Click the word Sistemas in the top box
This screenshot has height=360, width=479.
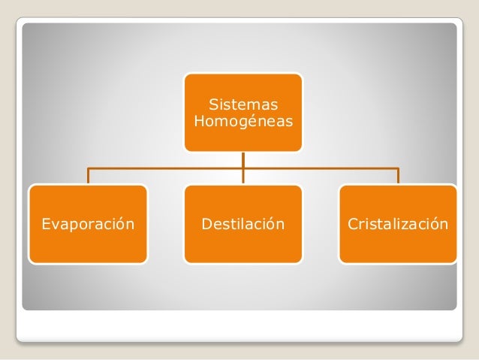tap(243, 103)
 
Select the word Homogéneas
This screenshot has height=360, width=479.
tap(243, 120)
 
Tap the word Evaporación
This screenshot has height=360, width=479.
tap(88, 224)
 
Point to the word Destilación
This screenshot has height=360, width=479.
tap(243, 224)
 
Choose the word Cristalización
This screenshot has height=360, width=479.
tap(398, 224)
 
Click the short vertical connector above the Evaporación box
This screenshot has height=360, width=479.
tap(88, 176)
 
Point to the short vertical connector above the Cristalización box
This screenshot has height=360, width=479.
tap(398, 176)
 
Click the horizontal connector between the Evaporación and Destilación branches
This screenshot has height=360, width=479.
tap(165, 168)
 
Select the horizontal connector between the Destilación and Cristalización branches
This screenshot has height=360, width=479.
tap(321, 168)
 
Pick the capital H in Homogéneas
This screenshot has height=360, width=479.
tap(198, 120)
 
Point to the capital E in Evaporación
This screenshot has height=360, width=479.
tap(47, 224)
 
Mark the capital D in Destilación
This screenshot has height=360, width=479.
tap(206, 224)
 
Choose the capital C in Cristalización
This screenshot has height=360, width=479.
tap(352, 224)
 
